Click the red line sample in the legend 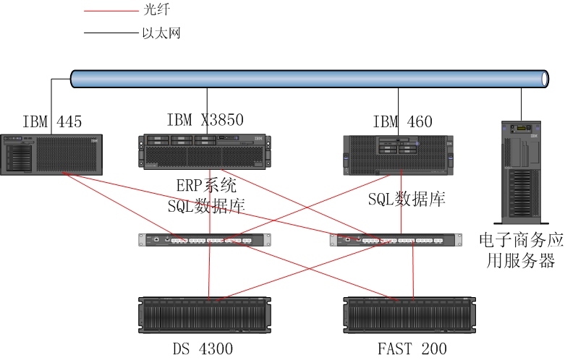pos(109,12)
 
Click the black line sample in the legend pos(109,33)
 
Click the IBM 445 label pos(52,122)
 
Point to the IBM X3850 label pos(205,120)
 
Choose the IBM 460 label pos(402,122)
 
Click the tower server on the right pos(519,172)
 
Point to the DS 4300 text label pos(203,349)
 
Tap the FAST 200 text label pos(412,349)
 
